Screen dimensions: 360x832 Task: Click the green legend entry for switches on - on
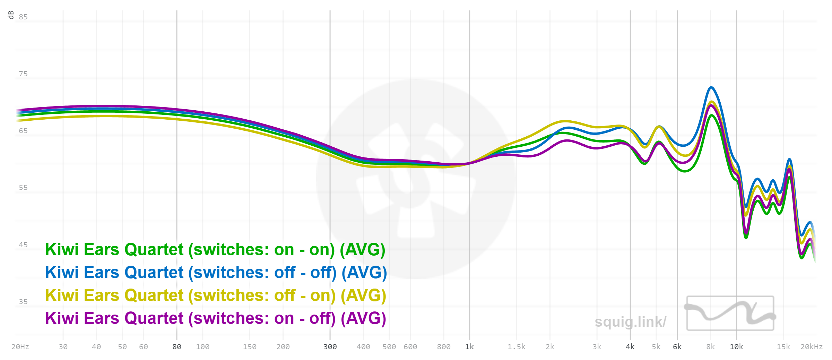coord(215,250)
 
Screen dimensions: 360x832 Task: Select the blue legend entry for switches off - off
coord(216,273)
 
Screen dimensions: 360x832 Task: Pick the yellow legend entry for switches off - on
coord(215,295)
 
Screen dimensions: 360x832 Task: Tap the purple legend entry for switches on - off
coord(215,318)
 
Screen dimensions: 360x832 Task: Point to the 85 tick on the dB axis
coord(23,17)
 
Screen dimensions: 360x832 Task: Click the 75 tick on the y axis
coord(23,74)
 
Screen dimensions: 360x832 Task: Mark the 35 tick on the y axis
coord(23,302)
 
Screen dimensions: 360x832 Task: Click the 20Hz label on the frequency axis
coord(20,347)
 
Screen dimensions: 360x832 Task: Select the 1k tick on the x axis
coord(469,347)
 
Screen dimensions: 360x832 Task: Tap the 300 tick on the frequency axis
coord(330,347)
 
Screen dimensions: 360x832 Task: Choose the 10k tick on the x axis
coord(736,347)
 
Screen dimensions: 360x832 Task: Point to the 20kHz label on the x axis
coord(811,347)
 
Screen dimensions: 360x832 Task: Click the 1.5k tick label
coord(517,347)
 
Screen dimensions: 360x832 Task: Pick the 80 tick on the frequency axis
coord(177,347)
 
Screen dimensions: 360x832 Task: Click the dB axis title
coord(11,15)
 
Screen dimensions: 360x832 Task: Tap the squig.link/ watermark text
coord(630,322)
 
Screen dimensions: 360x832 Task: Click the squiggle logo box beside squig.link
coord(730,313)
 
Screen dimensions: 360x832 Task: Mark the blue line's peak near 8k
coord(711,87)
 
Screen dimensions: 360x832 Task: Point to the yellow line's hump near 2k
coord(565,121)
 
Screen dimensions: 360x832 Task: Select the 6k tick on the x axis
coord(677,347)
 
